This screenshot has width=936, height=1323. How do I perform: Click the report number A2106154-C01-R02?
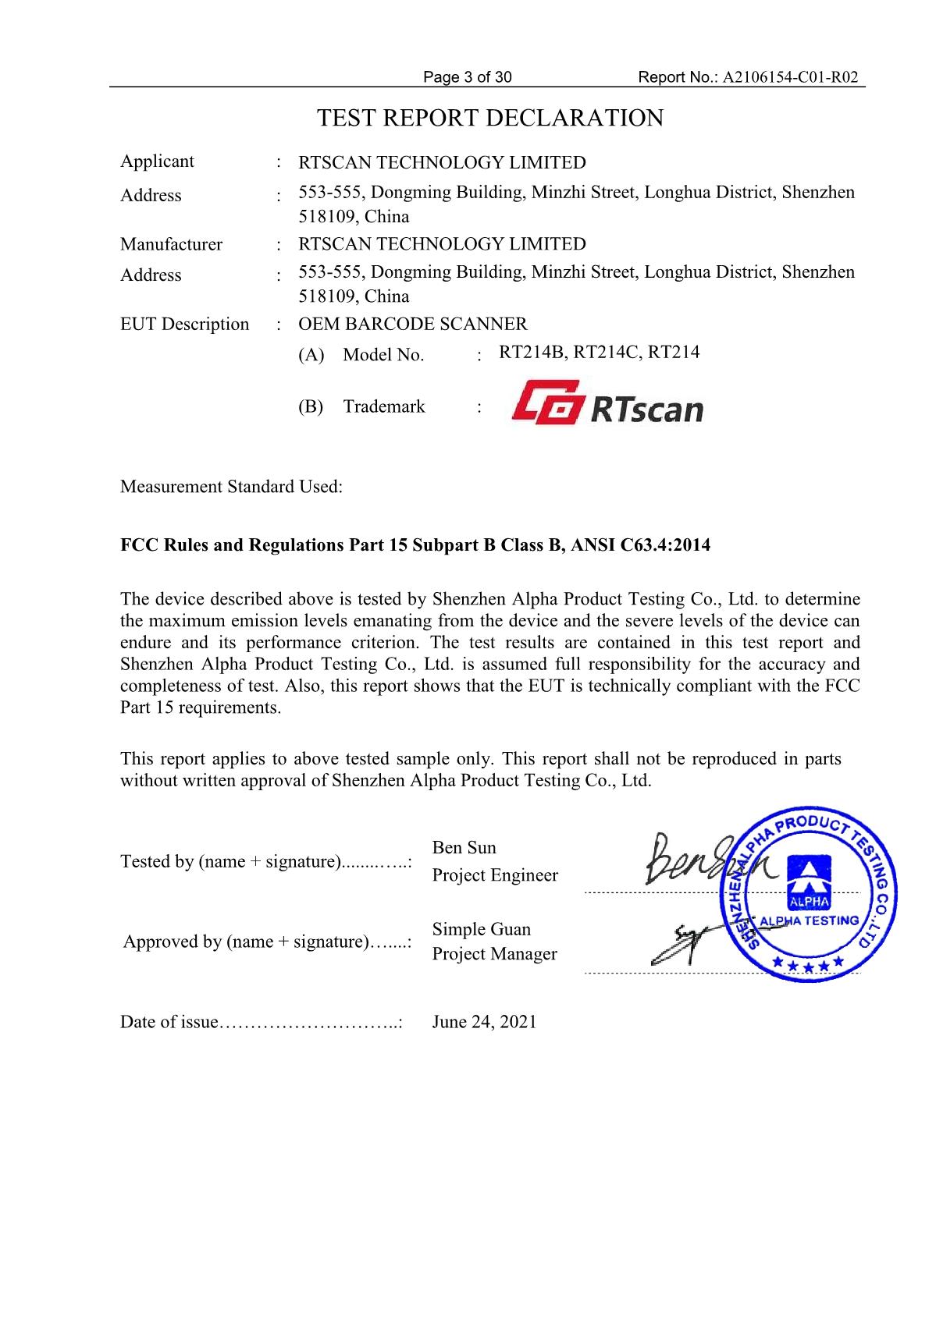coord(792,77)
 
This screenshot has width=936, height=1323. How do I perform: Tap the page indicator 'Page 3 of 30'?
coord(467,77)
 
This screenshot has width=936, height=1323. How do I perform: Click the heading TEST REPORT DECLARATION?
coord(489,119)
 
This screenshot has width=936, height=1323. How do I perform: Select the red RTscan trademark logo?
coord(607,403)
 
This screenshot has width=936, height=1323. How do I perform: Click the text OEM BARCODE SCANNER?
coord(413,324)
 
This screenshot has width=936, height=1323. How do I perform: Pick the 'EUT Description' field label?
coord(184,324)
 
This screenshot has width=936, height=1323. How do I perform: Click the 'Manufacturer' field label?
coord(171,244)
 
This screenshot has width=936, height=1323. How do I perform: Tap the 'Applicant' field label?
coord(157,161)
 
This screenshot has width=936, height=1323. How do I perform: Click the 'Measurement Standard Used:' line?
coord(231,487)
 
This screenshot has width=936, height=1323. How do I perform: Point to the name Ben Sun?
coord(464,847)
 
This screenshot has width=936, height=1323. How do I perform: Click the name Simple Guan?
coord(481,929)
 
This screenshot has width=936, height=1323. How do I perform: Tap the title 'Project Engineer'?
coord(495,875)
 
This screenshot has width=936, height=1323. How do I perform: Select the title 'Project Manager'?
coord(494,954)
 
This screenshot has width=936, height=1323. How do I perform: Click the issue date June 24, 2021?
coord(484,1022)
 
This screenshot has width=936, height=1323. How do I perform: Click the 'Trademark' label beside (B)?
coord(384,406)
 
